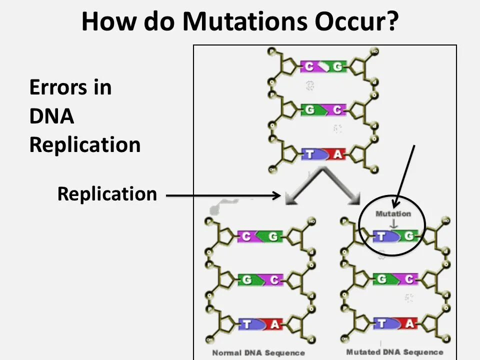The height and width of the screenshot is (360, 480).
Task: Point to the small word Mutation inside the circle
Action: coord(393,213)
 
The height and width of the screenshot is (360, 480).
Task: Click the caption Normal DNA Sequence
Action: coord(258,353)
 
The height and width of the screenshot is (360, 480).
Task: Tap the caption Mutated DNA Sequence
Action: coord(394,352)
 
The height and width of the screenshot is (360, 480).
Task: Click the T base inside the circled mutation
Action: coord(381,236)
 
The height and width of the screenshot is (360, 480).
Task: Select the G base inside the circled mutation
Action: coord(408,236)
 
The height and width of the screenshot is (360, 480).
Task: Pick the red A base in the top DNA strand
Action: coord(337,154)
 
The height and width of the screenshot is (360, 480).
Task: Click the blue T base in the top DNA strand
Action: coord(310,154)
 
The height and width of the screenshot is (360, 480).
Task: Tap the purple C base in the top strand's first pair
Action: coord(310,66)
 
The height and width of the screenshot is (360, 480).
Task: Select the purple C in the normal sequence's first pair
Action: coord(246,236)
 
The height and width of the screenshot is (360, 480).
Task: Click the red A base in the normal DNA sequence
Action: coord(274,324)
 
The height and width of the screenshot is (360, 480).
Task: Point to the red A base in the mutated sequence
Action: coord(409,324)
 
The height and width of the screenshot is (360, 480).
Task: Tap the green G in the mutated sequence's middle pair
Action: coord(382,279)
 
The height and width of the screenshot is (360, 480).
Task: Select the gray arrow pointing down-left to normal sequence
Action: coord(302,187)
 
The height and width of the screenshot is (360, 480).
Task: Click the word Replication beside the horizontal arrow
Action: coord(107,194)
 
